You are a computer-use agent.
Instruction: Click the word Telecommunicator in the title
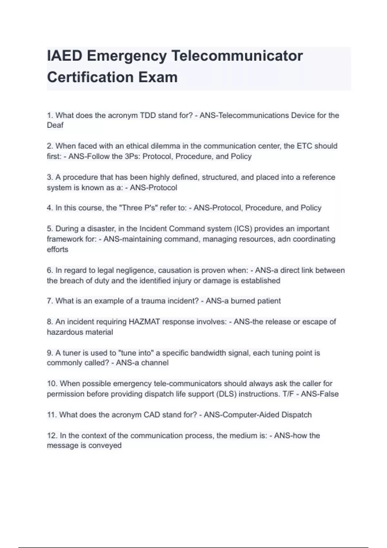pos(237,56)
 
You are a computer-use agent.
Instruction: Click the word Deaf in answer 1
pos(55,125)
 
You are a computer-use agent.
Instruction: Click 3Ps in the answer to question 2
pos(132,157)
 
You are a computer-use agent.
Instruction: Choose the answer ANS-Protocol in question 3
pos(154,188)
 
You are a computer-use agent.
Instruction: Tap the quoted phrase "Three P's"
pos(138,208)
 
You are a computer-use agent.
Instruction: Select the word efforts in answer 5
pos(57,250)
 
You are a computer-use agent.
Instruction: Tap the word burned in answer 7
pos(243,301)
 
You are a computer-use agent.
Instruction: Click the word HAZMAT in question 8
pos(144,322)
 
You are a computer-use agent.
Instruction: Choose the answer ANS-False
pos(320,394)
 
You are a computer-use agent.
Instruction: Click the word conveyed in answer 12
pos(105,445)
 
